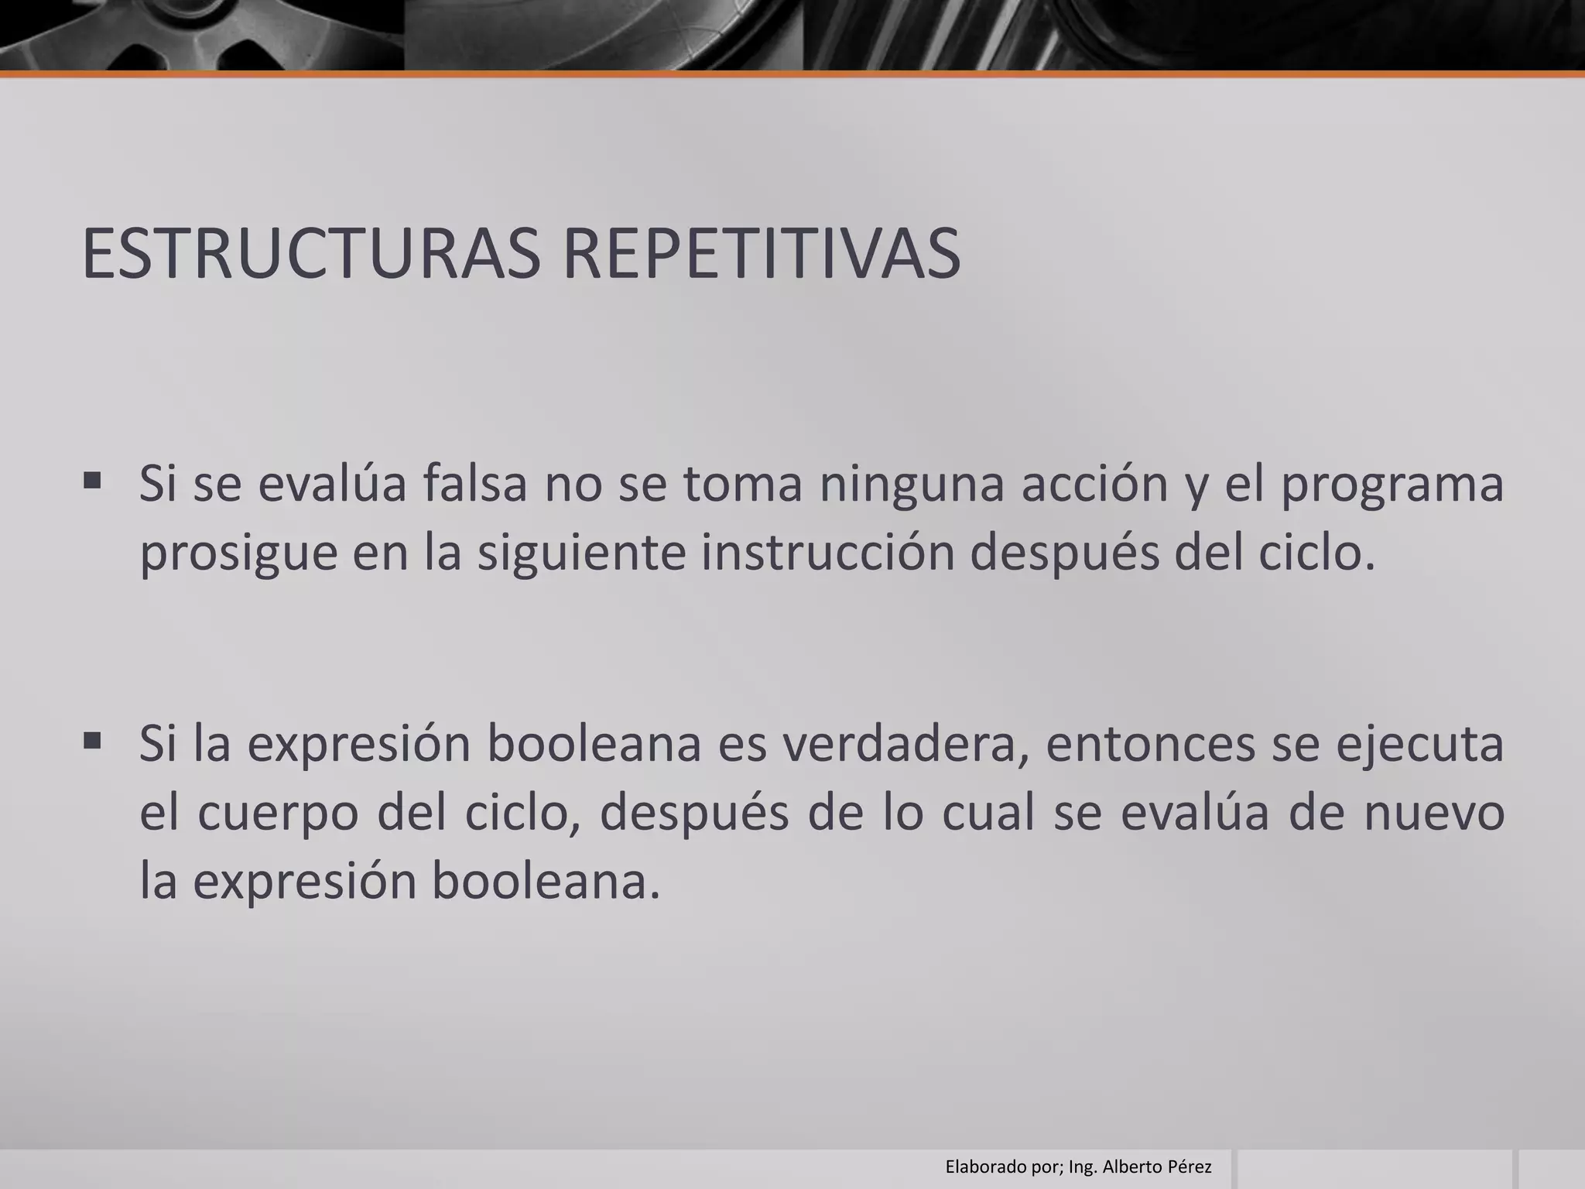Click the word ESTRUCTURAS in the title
pyautogui.click(x=310, y=253)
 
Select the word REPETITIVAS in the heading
pyautogui.click(x=761, y=253)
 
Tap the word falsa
pyautogui.click(x=474, y=483)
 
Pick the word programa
pyautogui.click(x=1392, y=485)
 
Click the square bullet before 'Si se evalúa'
pyautogui.click(x=92, y=481)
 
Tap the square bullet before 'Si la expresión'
pyautogui.click(x=92, y=742)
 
